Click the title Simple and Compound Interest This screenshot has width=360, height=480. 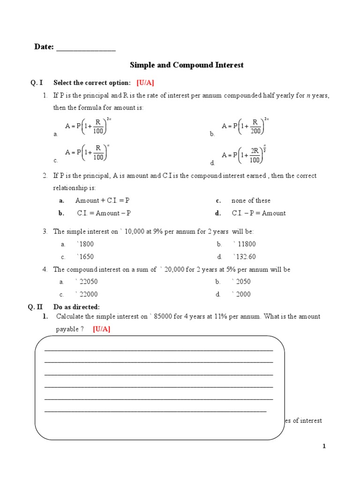(x=186, y=65)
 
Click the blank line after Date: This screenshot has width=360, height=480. (x=86, y=48)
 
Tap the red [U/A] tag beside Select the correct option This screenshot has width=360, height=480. (x=145, y=83)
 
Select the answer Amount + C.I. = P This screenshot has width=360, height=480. (x=102, y=201)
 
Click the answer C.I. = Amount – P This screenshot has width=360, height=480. (x=104, y=213)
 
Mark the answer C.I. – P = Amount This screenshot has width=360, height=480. (x=258, y=213)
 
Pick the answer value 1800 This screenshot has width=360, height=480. (x=86, y=244)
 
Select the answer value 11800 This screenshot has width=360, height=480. (x=246, y=244)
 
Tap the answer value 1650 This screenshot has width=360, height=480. (x=86, y=257)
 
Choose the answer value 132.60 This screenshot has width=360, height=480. (x=246, y=257)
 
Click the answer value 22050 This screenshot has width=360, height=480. (x=88, y=282)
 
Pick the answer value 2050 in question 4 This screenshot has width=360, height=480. (x=243, y=282)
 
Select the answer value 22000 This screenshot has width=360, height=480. (x=88, y=294)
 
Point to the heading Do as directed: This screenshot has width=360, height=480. (x=76, y=307)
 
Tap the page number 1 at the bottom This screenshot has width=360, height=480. (x=324, y=447)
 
